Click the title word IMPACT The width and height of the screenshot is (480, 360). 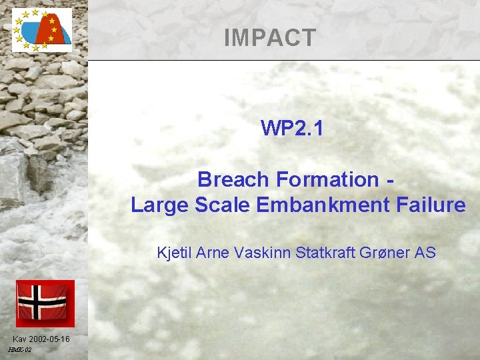coord(269,38)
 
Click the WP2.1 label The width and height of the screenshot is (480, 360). coord(292,127)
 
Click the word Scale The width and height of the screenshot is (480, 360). coord(221,205)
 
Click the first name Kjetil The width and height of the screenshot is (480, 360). coord(173,253)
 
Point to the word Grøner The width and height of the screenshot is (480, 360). coord(387,253)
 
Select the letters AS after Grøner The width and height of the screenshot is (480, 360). coord(425,253)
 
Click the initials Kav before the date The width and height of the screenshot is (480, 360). coord(20,339)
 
